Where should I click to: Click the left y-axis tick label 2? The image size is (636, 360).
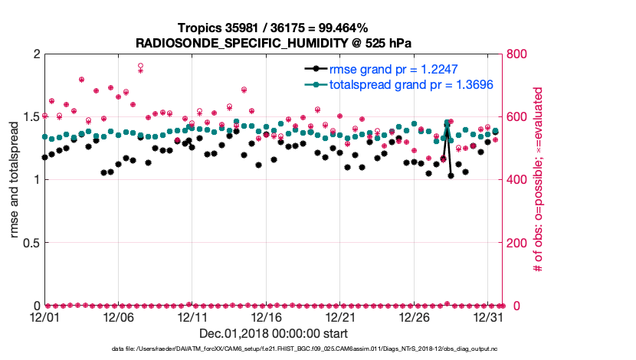tap(37, 54)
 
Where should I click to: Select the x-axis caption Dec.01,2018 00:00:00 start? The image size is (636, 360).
tap(274, 333)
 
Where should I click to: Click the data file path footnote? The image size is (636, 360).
tap(274, 349)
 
